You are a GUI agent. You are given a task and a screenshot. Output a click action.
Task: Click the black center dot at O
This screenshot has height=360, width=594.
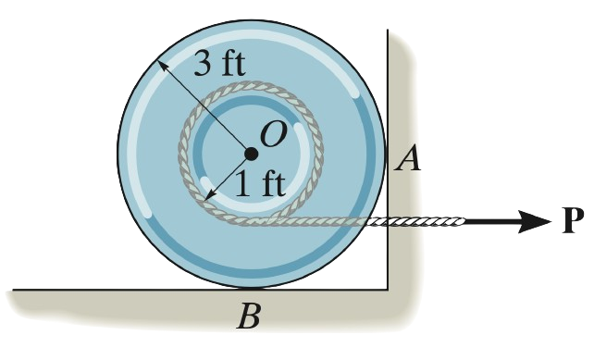(251, 154)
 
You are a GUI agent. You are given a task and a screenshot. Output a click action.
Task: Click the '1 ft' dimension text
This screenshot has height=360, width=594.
(260, 182)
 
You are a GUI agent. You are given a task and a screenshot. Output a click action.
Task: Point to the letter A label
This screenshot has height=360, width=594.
(407, 160)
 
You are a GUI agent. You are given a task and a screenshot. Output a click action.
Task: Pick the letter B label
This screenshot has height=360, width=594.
(247, 318)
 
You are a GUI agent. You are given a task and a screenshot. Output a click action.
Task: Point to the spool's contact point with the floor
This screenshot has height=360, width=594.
(251, 288)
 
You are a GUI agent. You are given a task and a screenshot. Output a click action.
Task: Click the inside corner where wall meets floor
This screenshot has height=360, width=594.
(388, 288)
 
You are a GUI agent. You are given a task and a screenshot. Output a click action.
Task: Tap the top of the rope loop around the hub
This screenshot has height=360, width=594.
(251, 91)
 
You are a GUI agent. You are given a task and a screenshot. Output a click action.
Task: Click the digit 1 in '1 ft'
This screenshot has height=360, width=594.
(241, 182)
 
